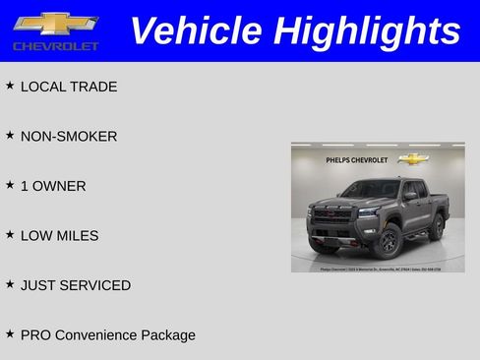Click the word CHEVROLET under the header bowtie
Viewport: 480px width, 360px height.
click(56, 46)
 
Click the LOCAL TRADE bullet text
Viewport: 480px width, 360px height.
click(69, 87)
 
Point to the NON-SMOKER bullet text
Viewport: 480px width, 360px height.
click(69, 136)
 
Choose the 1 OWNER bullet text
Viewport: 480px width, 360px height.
click(53, 186)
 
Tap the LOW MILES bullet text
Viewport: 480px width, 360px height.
click(60, 235)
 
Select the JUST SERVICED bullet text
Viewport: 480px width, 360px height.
click(76, 285)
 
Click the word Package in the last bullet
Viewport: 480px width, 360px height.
click(167, 335)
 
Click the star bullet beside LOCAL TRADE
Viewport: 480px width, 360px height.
click(10, 86)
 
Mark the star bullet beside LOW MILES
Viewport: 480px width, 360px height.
click(10, 234)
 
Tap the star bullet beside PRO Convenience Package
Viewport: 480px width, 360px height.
click(10, 333)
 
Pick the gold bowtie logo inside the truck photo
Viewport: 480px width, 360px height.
click(412, 157)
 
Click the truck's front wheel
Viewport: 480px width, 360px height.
click(388, 238)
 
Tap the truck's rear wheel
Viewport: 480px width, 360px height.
click(434, 226)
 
